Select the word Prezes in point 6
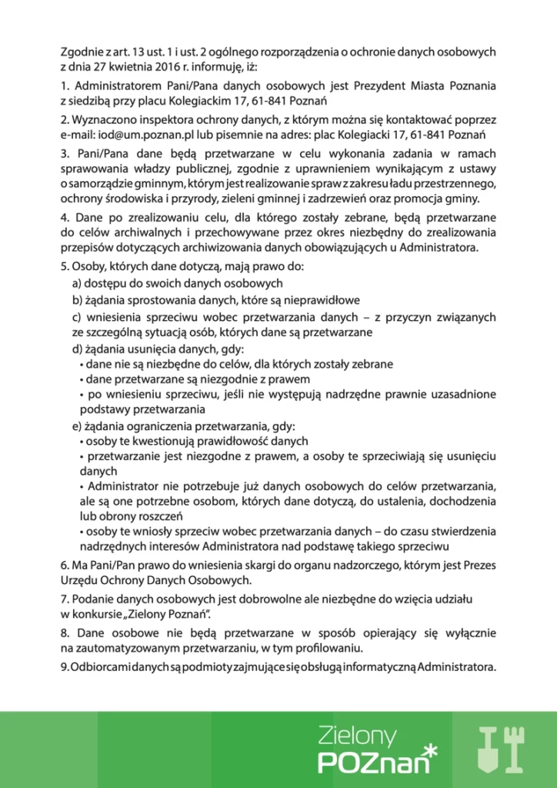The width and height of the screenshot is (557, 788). pyautogui.click(x=479, y=565)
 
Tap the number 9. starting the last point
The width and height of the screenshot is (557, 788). pyautogui.click(x=65, y=665)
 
